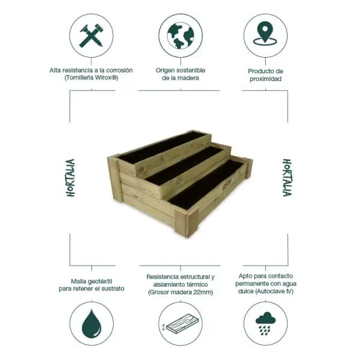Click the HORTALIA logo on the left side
pyautogui.click(x=70, y=178)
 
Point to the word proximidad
pyautogui.click(x=265, y=79)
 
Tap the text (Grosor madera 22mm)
pyautogui.click(x=180, y=292)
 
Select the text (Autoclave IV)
pyautogui.click(x=279, y=291)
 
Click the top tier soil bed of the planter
pyautogui.click(x=162, y=146)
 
